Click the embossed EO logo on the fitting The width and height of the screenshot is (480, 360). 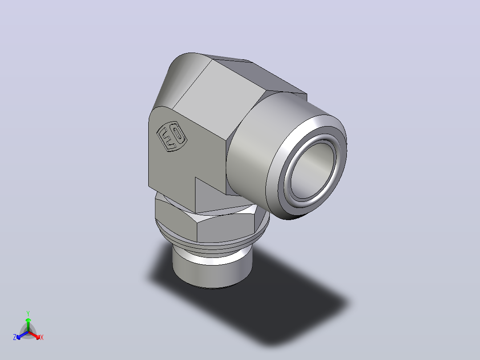click(172, 136)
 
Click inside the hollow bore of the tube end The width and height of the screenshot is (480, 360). click(313, 172)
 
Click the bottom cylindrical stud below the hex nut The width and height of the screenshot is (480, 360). click(212, 270)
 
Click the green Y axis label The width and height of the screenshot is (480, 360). click(28, 313)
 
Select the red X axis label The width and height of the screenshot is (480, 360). click(42, 337)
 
